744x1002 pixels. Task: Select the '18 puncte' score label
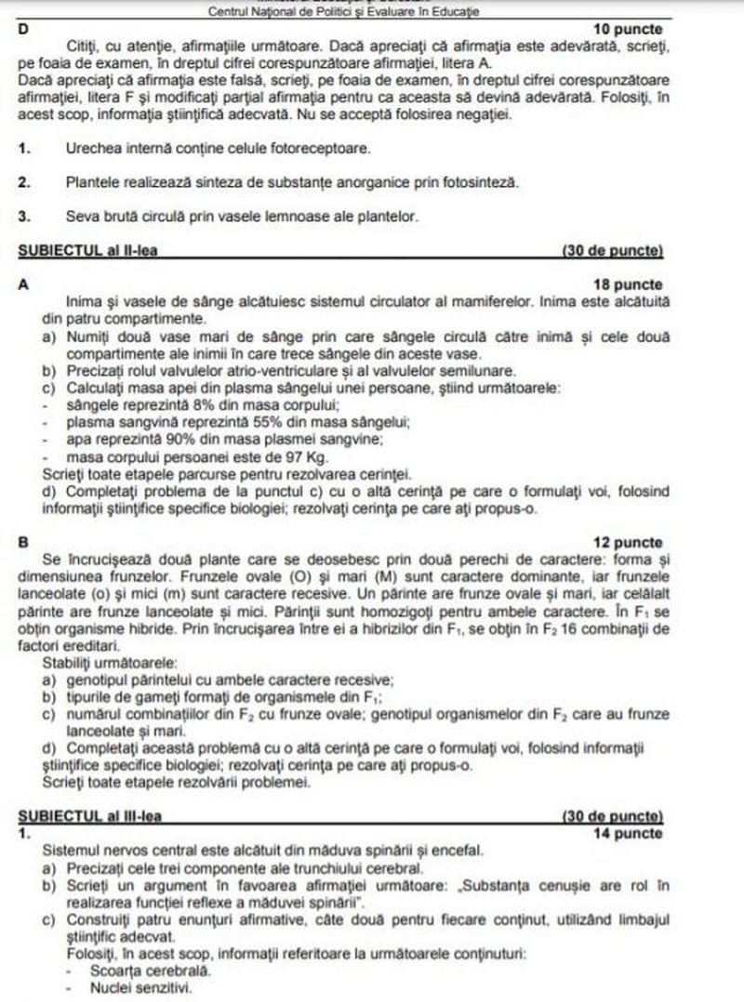[629, 284]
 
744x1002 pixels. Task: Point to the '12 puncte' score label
[629, 543]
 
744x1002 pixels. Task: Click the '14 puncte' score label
[629, 833]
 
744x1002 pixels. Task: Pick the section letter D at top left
[23, 29]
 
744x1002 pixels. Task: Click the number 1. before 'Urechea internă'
[24, 149]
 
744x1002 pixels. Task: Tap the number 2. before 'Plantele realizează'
[24, 183]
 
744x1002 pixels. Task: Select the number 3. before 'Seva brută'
[24, 218]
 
